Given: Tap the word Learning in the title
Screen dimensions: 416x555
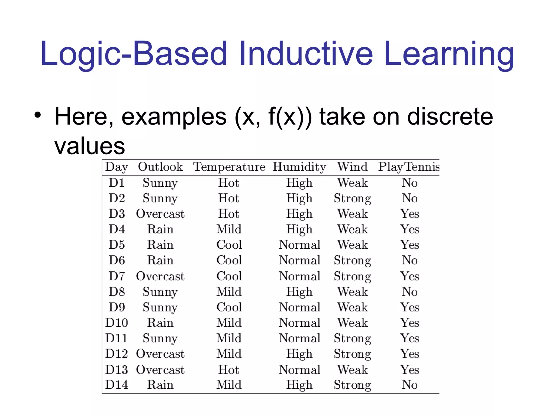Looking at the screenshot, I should click(x=449, y=53).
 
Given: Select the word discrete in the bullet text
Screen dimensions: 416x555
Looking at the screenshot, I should click(x=450, y=116).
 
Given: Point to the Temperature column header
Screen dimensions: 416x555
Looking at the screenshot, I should click(x=229, y=167).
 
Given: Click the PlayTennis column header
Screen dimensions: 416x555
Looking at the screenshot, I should click(x=409, y=167).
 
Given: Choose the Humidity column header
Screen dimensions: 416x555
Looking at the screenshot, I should click(x=299, y=167).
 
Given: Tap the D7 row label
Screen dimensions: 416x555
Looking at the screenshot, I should click(x=117, y=276).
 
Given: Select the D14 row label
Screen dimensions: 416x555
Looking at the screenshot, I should click(x=117, y=385).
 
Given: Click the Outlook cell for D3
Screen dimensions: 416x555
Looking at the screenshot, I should click(x=160, y=214).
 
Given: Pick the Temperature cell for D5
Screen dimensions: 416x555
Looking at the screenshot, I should click(x=229, y=245).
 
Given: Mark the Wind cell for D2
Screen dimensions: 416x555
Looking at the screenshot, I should click(x=352, y=199).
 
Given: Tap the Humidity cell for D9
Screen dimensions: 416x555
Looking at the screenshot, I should click(x=299, y=307).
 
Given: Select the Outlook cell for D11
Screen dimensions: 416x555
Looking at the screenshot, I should click(x=160, y=339).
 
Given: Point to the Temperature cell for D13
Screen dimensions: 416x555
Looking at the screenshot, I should click(x=229, y=370).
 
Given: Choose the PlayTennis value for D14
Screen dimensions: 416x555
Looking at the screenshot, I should click(x=409, y=385).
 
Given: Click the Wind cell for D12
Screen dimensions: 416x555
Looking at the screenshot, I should click(x=352, y=354).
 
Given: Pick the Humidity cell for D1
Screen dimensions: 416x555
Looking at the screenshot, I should click(x=299, y=183).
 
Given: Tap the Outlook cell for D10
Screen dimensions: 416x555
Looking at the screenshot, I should click(x=160, y=323).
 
